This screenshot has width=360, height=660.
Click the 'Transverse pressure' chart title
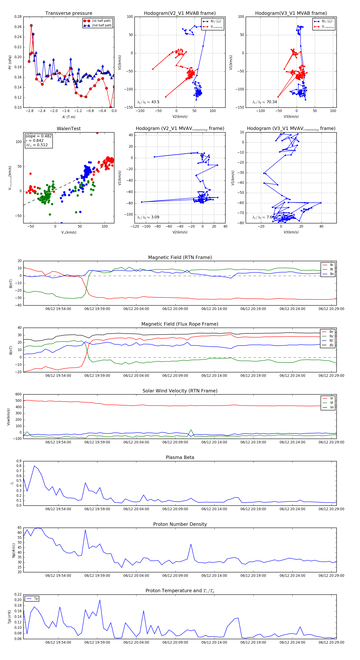click(x=69, y=13)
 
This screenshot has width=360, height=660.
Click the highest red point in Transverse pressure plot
click(x=31, y=26)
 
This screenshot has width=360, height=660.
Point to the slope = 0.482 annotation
click(x=38, y=136)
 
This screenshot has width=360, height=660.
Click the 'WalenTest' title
click(x=69, y=129)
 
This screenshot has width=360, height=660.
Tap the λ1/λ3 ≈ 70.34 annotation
click(x=264, y=102)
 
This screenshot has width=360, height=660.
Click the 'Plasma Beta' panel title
click(x=180, y=457)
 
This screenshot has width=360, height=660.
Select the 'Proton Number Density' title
click(x=180, y=524)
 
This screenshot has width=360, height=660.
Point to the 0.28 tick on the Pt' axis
click(x=18, y=17)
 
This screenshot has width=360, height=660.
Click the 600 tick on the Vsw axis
click(x=18, y=394)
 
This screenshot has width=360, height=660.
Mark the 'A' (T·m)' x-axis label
click(x=69, y=117)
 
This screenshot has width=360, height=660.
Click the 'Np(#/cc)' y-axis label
click(x=14, y=551)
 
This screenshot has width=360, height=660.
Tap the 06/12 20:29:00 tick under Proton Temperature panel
click(x=331, y=642)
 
